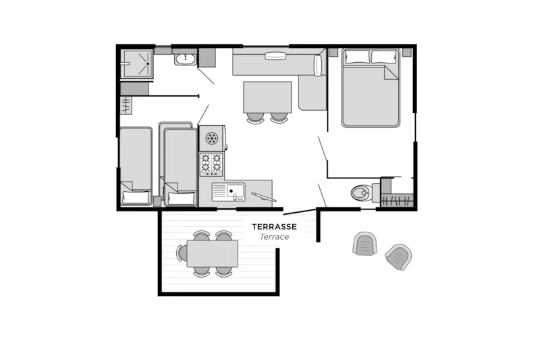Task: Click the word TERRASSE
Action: pyautogui.click(x=274, y=227)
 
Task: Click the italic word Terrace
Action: pyautogui.click(x=274, y=236)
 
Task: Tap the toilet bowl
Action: pyautogui.click(x=360, y=192)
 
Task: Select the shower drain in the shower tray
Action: pyautogui.click(x=148, y=63)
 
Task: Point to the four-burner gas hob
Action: pyautogui.click(x=211, y=164)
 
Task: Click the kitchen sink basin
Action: pyautogui.click(x=236, y=190)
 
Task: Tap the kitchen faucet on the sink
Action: pyautogui.click(x=235, y=197)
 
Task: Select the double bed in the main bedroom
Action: pyautogui.click(x=371, y=88)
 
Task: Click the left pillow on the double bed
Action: pyautogui.click(x=357, y=57)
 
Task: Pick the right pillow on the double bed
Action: pyautogui.click(x=384, y=57)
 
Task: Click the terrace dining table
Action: pyautogui.click(x=212, y=254)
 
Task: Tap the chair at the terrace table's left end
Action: pyautogui.click(x=180, y=253)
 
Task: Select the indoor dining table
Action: pyautogui.click(x=267, y=97)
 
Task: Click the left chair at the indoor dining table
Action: pyautogui.click(x=255, y=118)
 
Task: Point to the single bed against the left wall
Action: pyautogui.click(x=136, y=166)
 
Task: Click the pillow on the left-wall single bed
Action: pyautogui.click(x=136, y=197)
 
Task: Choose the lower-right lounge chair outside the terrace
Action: pyautogui.click(x=399, y=257)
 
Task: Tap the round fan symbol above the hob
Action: pyautogui.click(x=212, y=138)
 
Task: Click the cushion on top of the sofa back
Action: pyautogui.click(x=275, y=56)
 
